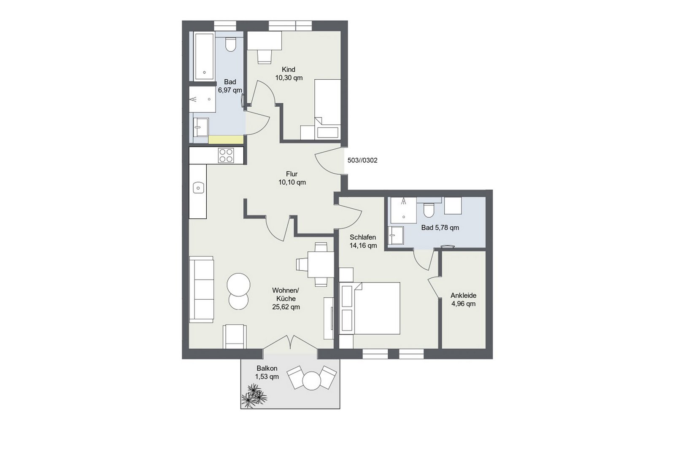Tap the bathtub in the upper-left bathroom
tap(204, 56)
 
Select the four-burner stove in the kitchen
tap(226, 156)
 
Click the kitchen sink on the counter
tap(198, 188)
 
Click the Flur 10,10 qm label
tap(292, 178)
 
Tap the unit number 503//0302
tap(362, 160)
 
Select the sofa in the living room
tap(201, 289)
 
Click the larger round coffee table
tap(238, 284)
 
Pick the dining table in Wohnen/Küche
tap(321, 264)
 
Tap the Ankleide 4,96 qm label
tap(463, 299)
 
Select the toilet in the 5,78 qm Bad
tap(428, 210)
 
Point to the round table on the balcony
tap(311, 381)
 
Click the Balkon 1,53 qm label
tap(267, 372)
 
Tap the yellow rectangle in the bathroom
tap(226, 140)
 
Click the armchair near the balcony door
tap(235, 337)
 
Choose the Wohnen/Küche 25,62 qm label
tap(286, 298)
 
